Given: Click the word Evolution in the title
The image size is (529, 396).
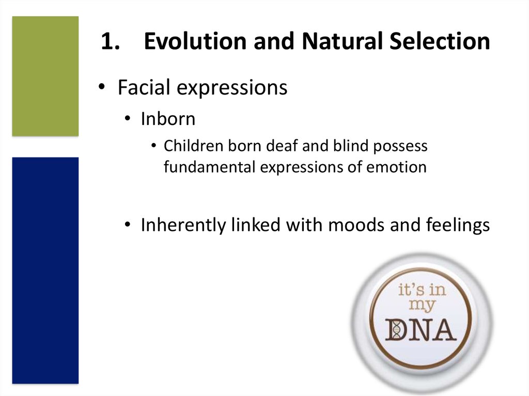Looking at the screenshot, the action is pos(195,41).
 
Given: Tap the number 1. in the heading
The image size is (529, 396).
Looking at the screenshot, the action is pos(111,41).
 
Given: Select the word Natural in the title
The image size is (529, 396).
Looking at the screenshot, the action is pos(343,41).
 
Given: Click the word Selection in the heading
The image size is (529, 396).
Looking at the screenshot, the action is pos(440,41).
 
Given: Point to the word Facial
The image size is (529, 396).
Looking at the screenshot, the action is pos(144,87).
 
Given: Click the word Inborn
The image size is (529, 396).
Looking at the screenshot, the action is pos(168,119).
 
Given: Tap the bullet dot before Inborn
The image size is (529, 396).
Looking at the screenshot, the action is pos(127,119).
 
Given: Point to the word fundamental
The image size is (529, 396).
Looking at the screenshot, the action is pos(210,167).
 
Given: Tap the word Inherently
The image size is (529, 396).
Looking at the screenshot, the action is pos(183,225).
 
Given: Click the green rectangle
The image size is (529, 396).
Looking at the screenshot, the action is pos(45,76).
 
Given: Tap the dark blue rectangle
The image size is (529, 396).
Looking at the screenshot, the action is pos(45,271).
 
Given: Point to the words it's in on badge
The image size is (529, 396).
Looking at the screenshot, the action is pos(422,290).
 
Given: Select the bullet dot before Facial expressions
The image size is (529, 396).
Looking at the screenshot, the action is pos(102,87).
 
